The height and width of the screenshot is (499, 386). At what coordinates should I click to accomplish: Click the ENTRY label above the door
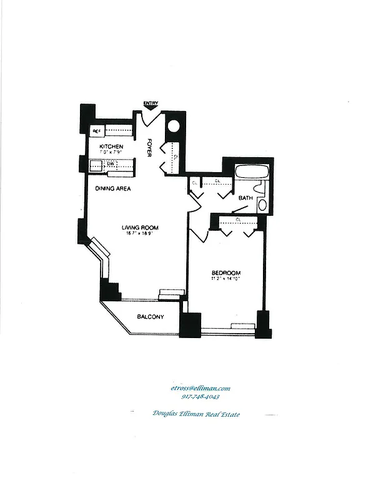coord(151,104)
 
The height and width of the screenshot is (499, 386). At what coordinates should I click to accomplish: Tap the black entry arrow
coord(151,110)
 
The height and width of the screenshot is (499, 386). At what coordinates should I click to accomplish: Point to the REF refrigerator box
coord(97,131)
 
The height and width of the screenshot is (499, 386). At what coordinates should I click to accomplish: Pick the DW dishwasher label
coord(110,164)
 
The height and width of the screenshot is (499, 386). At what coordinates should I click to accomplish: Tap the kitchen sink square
coord(96,165)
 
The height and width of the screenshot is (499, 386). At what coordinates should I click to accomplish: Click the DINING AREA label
coord(112,188)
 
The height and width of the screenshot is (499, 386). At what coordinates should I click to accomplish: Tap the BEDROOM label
coord(226,273)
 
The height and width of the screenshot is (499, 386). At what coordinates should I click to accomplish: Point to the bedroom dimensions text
coord(226,279)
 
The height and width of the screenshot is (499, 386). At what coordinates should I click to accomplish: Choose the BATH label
coord(245,198)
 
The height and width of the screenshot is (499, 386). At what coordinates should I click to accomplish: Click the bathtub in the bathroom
coord(251,172)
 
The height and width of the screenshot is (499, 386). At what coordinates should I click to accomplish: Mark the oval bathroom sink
coord(262,205)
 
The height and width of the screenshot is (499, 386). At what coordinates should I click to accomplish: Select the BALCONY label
coord(151,317)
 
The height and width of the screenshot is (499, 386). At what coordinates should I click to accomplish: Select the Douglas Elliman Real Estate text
coord(196,414)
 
